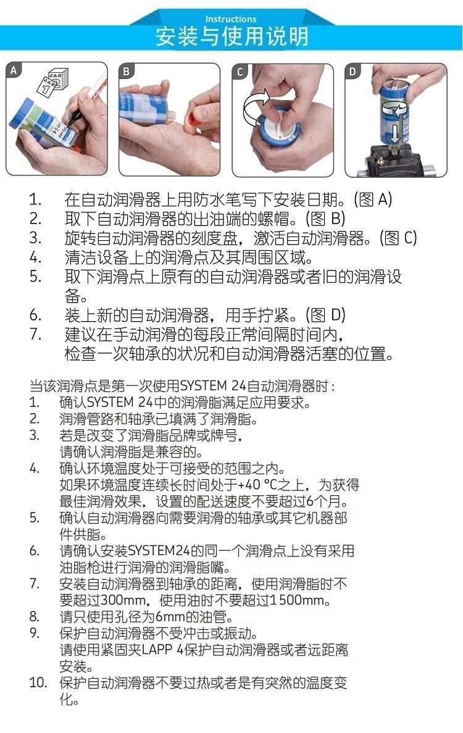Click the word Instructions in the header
click(231, 19)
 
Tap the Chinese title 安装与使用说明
click(231, 36)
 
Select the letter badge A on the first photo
click(14, 70)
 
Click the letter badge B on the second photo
click(126, 72)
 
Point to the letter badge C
click(240, 72)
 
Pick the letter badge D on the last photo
click(352, 72)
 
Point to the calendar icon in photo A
click(53, 82)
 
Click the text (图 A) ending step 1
click(373, 199)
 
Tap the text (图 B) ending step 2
click(325, 219)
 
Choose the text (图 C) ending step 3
click(398, 238)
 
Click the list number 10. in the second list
click(38, 682)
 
